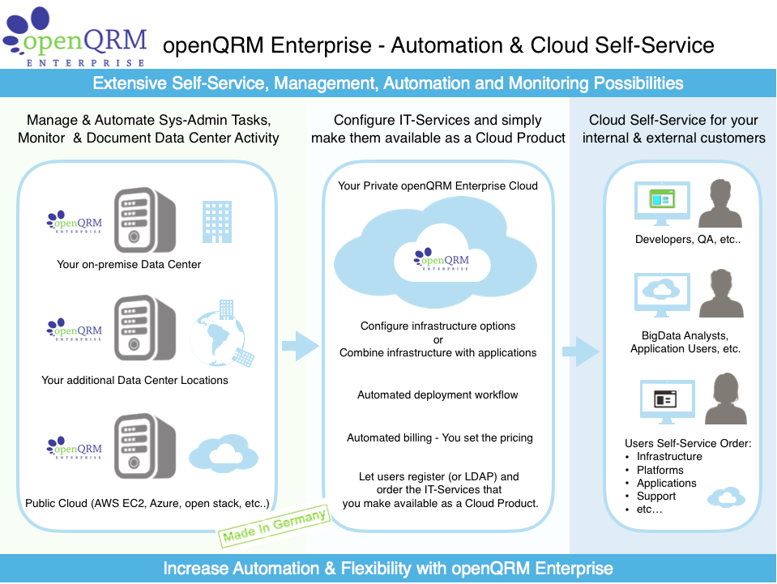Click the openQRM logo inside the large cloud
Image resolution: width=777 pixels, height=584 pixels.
(x=441, y=259)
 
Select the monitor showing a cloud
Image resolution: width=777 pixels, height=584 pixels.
(x=662, y=293)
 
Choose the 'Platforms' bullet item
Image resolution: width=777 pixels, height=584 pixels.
(x=660, y=470)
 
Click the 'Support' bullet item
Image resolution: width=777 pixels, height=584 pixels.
(x=655, y=496)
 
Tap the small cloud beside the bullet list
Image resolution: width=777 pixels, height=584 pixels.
(x=726, y=497)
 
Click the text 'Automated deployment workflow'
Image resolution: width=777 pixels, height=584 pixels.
(x=438, y=394)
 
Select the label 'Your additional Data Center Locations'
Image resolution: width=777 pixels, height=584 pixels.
(x=134, y=380)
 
